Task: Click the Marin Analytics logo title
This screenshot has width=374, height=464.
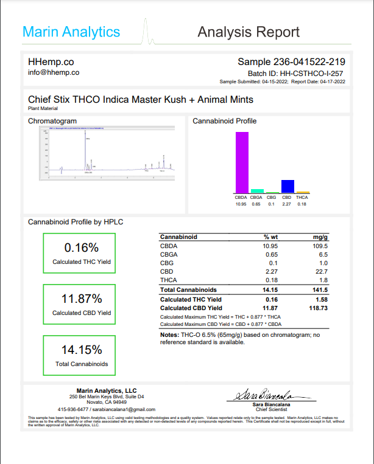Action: coord(71,32)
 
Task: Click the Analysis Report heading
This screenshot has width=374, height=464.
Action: coord(249,32)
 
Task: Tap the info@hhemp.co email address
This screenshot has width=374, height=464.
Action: coord(54,72)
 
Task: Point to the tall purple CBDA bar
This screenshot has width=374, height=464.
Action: coord(242,162)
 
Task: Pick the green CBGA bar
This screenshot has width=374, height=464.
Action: coord(257,190)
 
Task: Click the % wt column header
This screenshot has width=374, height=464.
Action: coord(270,237)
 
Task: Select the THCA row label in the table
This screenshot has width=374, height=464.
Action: coord(169,279)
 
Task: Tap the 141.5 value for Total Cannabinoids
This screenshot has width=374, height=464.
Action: coord(319,290)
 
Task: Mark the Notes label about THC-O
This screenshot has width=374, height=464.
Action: coord(169,335)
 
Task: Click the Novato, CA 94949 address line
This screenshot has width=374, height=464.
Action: coord(107,402)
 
